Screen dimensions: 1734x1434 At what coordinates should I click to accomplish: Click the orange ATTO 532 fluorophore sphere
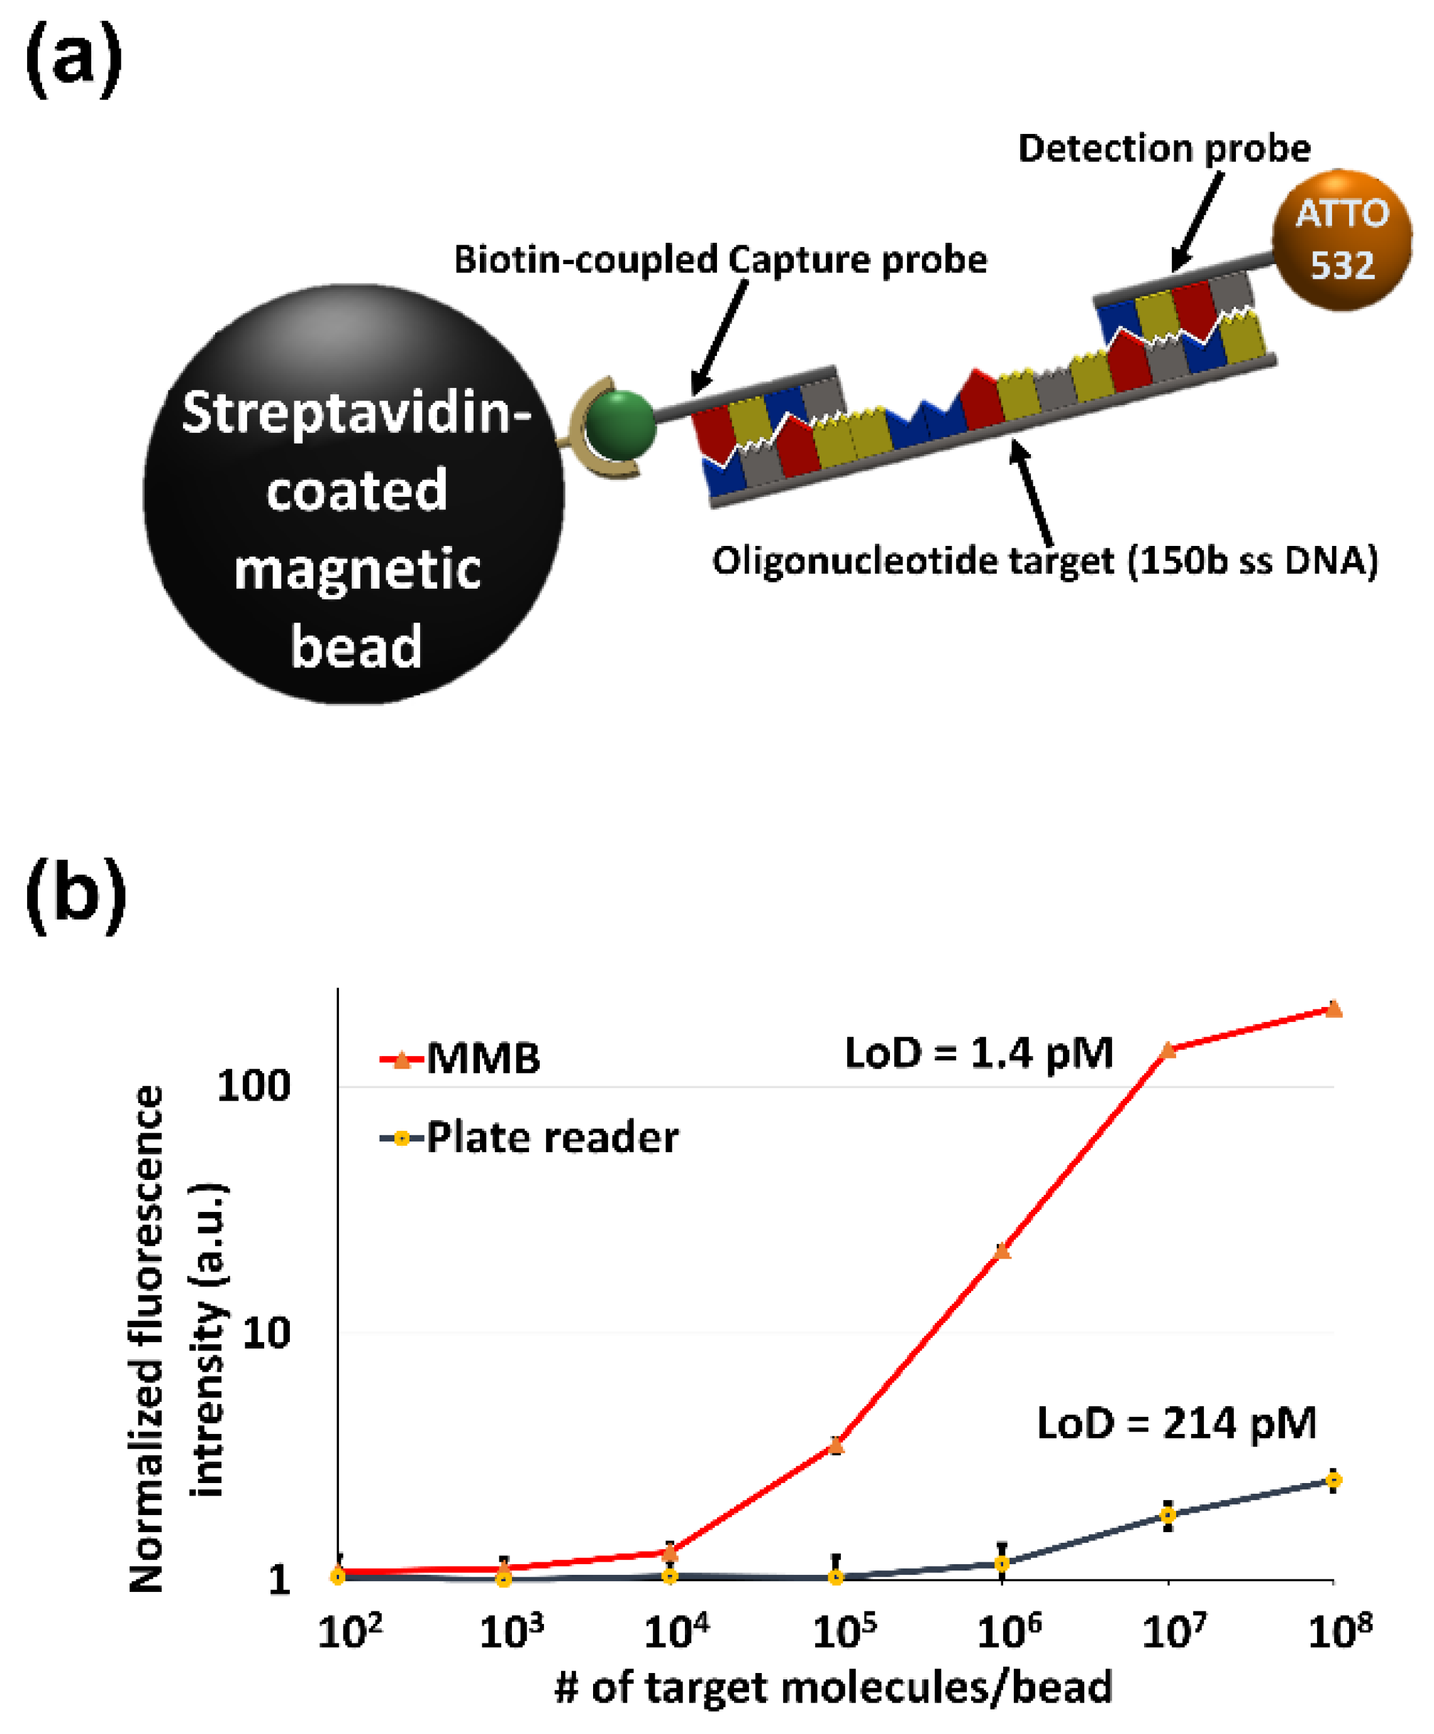click(1341, 240)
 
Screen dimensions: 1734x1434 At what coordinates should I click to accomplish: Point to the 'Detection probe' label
click(1163, 148)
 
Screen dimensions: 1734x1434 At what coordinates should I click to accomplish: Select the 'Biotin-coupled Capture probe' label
click(720, 259)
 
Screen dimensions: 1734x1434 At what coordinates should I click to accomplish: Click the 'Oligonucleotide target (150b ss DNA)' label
click(1044, 560)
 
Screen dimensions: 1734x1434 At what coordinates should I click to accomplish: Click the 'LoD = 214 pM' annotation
click(1176, 1423)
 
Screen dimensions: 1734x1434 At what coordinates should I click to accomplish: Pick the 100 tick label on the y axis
click(253, 1086)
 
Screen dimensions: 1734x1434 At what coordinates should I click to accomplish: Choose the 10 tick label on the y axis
click(266, 1333)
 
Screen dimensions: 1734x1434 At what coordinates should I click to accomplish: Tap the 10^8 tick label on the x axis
click(1340, 1631)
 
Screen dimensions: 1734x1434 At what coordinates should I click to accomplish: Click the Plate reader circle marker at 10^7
click(1168, 1515)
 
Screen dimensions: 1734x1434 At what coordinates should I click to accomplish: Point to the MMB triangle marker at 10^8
click(1334, 1009)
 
